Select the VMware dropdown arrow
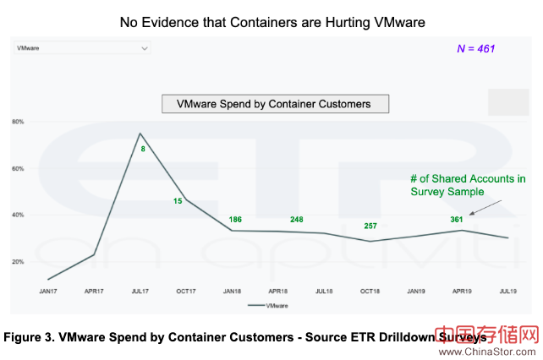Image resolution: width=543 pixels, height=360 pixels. coord(145,48)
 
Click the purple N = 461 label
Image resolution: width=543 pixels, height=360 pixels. coord(475,49)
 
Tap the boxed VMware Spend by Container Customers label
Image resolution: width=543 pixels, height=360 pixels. coord(274,104)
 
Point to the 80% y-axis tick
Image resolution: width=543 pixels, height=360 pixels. coord(17,122)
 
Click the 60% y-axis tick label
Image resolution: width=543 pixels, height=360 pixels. coord(17,168)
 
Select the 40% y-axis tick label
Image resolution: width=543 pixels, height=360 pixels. coord(17,215)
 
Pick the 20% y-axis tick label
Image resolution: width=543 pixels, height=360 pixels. coord(17,261)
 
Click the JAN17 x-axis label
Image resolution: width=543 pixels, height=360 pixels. coord(47,292)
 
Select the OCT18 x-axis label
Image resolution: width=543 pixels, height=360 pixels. coord(370,292)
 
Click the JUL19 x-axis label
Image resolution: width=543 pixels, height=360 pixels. coord(507,292)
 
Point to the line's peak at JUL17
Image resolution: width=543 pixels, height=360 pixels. coord(140,134)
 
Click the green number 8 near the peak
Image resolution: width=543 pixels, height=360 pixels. coord(144,150)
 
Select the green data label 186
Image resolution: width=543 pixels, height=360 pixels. coord(235,220)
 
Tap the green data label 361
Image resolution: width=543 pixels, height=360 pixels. coord(458,221)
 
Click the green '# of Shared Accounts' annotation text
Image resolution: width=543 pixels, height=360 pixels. coord(468,184)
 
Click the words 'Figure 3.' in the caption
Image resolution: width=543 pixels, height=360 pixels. coord(30,336)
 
